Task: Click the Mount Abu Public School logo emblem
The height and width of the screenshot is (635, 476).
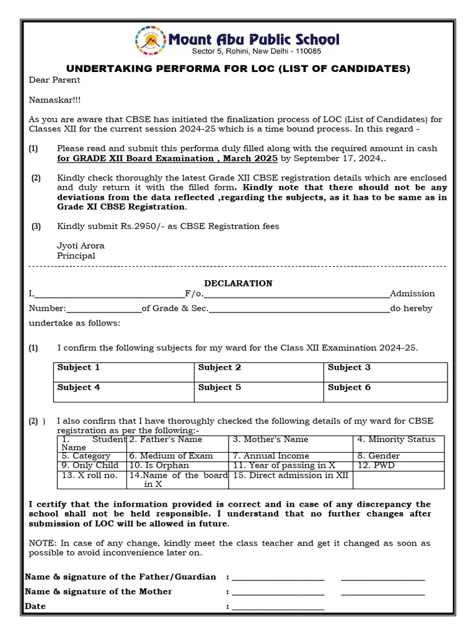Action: (x=150, y=41)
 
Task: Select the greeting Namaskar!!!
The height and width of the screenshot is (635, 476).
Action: (x=55, y=99)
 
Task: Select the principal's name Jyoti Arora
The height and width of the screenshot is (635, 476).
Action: (x=81, y=246)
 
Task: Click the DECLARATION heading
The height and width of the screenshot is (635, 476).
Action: (x=238, y=283)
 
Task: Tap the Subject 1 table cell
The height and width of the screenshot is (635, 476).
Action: (x=123, y=372)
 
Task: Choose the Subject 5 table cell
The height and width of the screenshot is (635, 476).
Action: (x=258, y=392)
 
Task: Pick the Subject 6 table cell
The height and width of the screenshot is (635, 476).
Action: (x=385, y=392)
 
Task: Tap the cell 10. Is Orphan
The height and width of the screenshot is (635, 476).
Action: (x=178, y=465)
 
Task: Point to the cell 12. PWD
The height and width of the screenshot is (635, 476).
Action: (x=399, y=465)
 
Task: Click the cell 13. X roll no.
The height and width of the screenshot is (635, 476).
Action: (x=91, y=479)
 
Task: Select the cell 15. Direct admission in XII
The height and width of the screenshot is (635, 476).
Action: (x=291, y=479)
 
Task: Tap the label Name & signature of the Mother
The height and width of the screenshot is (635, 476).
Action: (x=99, y=592)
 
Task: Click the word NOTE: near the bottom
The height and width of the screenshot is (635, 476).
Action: (x=42, y=543)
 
